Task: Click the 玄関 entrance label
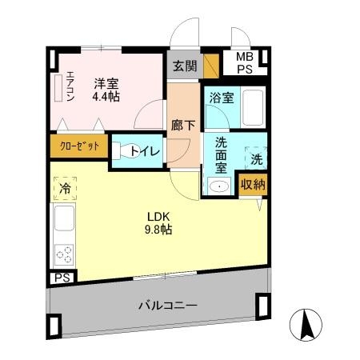(183, 66)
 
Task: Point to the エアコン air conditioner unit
(58, 87)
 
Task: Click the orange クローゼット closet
(78, 146)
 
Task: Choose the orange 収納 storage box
(253, 184)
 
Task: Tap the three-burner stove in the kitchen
(63, 254)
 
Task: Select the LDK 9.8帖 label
(158, 222)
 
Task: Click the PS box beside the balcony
(61, 278)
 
